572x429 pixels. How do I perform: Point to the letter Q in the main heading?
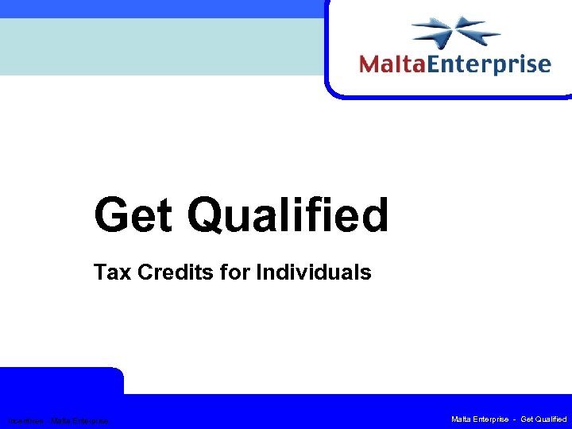click(211, 215)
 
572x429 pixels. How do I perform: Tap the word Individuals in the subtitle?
click(313, 273)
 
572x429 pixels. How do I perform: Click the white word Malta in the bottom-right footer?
click(462, 419)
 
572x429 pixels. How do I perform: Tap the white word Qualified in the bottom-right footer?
click(550, 419)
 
